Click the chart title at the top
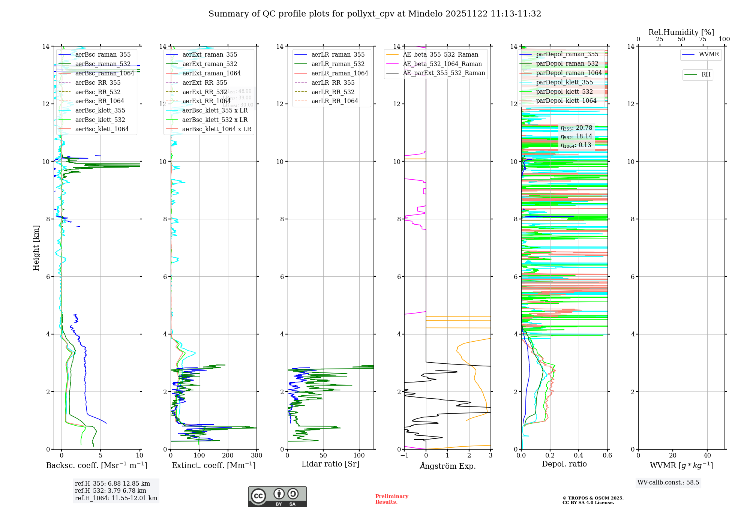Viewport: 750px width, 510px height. (375, 14)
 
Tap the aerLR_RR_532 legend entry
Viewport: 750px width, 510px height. (333, 92)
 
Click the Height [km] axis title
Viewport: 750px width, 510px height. (36, 247)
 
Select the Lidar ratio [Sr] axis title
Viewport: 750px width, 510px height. (330, 464)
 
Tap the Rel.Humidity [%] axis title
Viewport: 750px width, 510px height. (681, 32)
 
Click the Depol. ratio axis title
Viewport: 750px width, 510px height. (564, 464)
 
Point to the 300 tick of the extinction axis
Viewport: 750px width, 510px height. (257, 456)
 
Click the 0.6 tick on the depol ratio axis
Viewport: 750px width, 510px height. (607, 456)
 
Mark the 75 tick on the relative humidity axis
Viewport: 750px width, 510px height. (703, 39)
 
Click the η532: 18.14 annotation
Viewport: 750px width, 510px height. (576, 136)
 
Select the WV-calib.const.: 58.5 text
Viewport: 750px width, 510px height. (668, 483)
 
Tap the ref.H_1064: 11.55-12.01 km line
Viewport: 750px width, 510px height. (116, 498)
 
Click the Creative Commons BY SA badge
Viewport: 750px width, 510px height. (277, 496)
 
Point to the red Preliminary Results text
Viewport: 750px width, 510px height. (391, 499)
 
